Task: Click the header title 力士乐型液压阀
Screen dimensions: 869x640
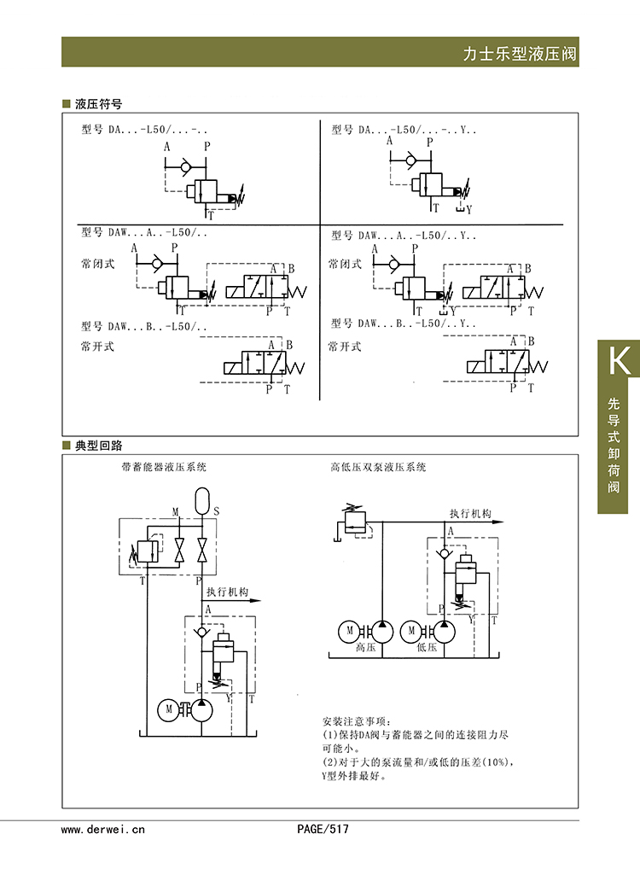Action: pyautogui.click(x=520, y=54)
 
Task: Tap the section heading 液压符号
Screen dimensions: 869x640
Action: pyautogui.click(x=98, y=104)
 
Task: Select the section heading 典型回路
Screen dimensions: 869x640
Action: pyautogui.click(x=98, y=445)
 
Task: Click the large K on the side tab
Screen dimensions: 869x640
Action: pyautogui.click(x=620, y=361)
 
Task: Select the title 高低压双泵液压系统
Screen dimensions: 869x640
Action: pyautogui.click(x=378, y=467)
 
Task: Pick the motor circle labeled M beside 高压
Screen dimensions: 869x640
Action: pyautogui.click(x=349, y=632)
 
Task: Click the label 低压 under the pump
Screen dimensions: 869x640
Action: pyautogui.click(x=427, y=648)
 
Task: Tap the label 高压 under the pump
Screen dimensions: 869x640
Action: pyautogui.click(x=365, y=648)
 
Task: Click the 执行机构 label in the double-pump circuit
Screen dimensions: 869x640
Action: pyautogui.click(x=470, y=514)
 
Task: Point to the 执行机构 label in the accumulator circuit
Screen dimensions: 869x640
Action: pyautogui.click(x=227, y=592)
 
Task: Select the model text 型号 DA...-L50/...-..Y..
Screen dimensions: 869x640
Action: pyautogui.click(x=404, y=130)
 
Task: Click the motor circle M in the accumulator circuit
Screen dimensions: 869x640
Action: pyautogui.click(x=168, y=710)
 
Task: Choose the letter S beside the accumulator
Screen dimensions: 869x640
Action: pyautogui.click(x=216, y=512)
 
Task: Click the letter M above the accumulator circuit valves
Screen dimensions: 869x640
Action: pyautogui.click(x=176, y=512)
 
